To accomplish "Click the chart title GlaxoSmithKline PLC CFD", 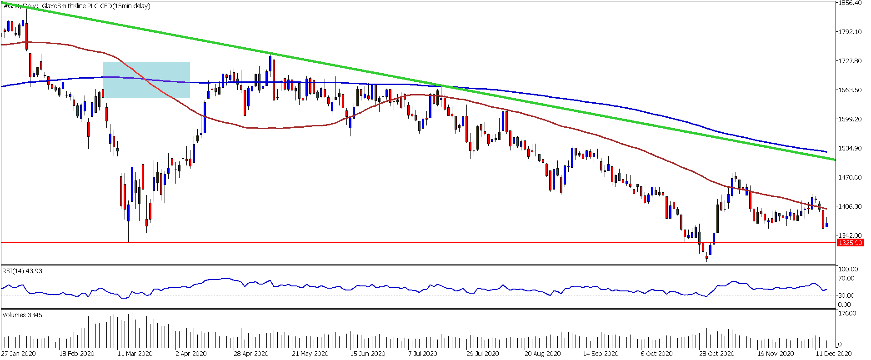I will click(95, 6).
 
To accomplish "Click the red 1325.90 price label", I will click(850, 243).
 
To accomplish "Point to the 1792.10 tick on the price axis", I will click(850, 32).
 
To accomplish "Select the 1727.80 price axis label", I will click(850, 61).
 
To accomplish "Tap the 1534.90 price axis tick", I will click(850, 148).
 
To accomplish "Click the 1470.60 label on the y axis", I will click(850, 177).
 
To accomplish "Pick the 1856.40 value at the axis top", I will click(850, 3).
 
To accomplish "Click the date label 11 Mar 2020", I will click(135, 354).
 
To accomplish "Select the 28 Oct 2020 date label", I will click(717, 354).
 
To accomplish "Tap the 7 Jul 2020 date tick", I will click(423, 354).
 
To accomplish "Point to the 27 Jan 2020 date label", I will click(19, 354).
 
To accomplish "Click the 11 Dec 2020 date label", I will click(833, 354).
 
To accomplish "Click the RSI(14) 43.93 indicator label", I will click(22, 271).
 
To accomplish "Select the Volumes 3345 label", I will click(22, 315).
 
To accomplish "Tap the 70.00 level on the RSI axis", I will click(846, 278).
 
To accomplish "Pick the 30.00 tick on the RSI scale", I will click(846, 295).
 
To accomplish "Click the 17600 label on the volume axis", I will click(847, 313).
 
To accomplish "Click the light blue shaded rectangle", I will click(146, 80).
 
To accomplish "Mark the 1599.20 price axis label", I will click(850, 119).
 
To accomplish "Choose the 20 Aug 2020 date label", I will click(542, 354).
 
